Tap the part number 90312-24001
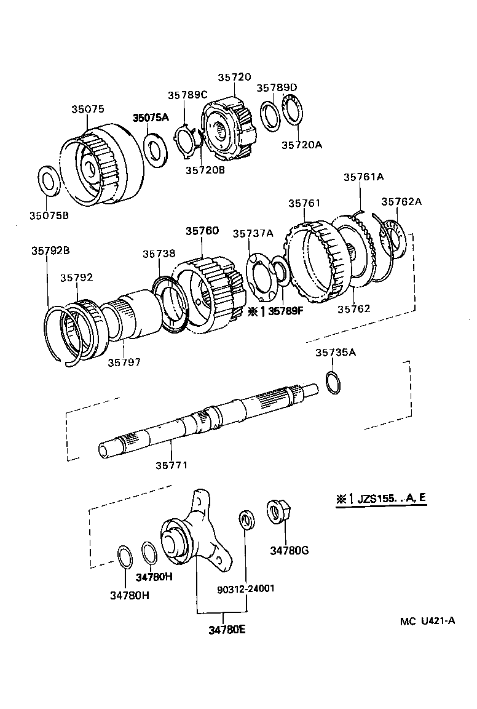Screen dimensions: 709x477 [x=246, y=588]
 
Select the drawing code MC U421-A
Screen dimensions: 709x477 [x=427, y=621]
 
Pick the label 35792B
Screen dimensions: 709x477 [x=50, y=250]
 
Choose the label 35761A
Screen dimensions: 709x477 [x=363, y=177]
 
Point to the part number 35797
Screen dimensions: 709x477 [x=124, y=363]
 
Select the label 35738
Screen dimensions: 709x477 [x=159, y=253]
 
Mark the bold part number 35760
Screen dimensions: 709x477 [x=202, y=231]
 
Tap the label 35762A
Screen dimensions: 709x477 [x=401, y=201]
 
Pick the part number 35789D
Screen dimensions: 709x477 [x=277, y=88]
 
